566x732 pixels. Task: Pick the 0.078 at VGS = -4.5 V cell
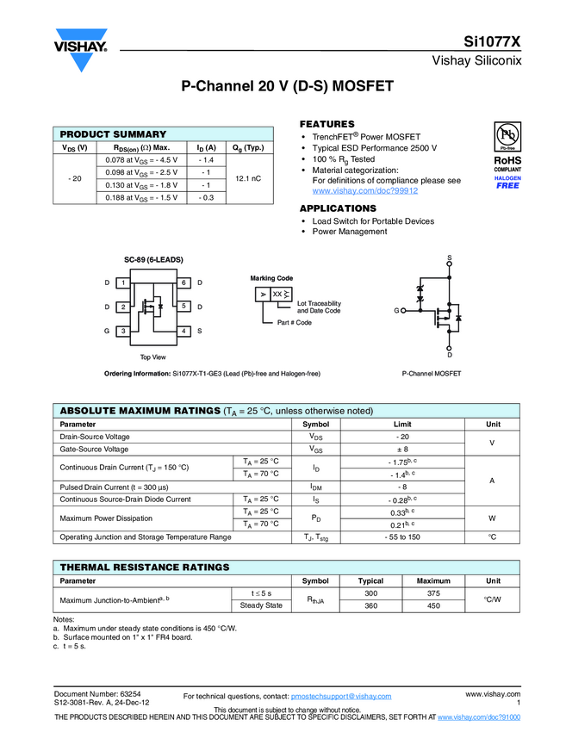(141, 160)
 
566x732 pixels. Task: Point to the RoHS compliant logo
(507, 163)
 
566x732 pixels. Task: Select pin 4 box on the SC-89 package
(184, 331)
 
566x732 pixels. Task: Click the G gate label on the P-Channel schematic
(397, 310)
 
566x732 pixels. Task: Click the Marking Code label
(271, 278)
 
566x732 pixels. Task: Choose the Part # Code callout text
(294, 322)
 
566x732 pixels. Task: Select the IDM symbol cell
(315, 487)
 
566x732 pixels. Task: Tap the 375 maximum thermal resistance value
(433, 593)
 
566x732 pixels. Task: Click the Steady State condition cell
(260, 605)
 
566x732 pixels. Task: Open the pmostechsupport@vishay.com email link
(341, 696)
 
